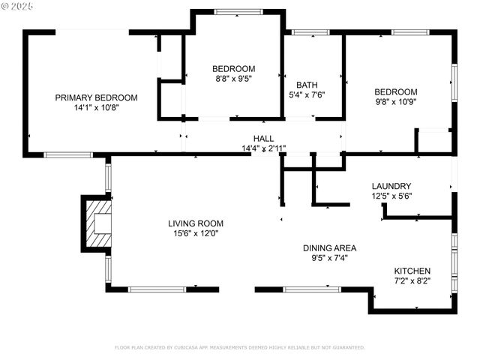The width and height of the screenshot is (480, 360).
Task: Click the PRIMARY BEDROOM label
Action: pyautogui.click(x=97, y=97)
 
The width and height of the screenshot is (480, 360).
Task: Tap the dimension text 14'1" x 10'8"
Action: pyautogui.click(x=97, y=107)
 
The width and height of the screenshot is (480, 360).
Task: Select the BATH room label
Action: pyautogui.click(x=307, y=85)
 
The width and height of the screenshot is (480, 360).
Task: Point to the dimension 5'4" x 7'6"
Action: pyautogui.click(x=307, y=94)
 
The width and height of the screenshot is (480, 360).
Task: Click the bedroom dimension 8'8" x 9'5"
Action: pyautogui.click(x=233, y=78)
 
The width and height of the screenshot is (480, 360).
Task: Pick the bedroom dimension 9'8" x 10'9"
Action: pyautogui.click(x=396, y=101)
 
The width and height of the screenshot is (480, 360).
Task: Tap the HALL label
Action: pyautogui.click(x=263, y=139)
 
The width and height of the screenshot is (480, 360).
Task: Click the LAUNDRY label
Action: pyautogui.click(x=391, y=186)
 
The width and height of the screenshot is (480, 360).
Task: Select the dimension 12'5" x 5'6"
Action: pyautogui.click(x=391, y=196)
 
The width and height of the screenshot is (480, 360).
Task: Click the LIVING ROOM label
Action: pyautogui.click(x=195, y=223)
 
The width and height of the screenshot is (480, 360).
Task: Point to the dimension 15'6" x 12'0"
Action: pyautogui.click(x=195, y=233)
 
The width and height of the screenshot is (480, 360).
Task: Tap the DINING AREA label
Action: pyautogui.click(x=329, y=247)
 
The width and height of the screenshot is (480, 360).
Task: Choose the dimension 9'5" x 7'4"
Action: pyautogui.click(x=329, y=257)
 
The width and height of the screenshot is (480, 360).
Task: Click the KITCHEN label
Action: pyautogui.click(x=412, y=271)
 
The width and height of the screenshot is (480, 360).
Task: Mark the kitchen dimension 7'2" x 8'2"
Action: pyautogui.click(x=412, y=280)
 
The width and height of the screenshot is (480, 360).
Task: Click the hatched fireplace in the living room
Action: pyautogui.click(x=97, y=222)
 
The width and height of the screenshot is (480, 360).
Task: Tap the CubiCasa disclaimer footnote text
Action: pyautogui.click(x=239, y=347)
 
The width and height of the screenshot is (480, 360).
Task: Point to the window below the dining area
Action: pyautogui.click(x=311, y=289)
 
